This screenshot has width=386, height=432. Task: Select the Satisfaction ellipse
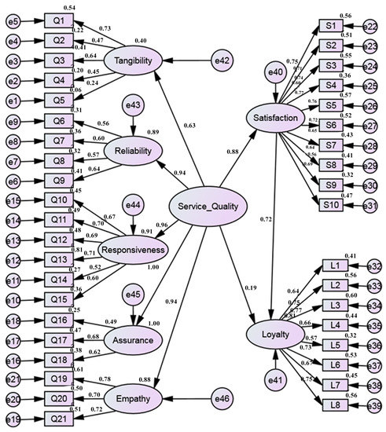pos(277,118)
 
